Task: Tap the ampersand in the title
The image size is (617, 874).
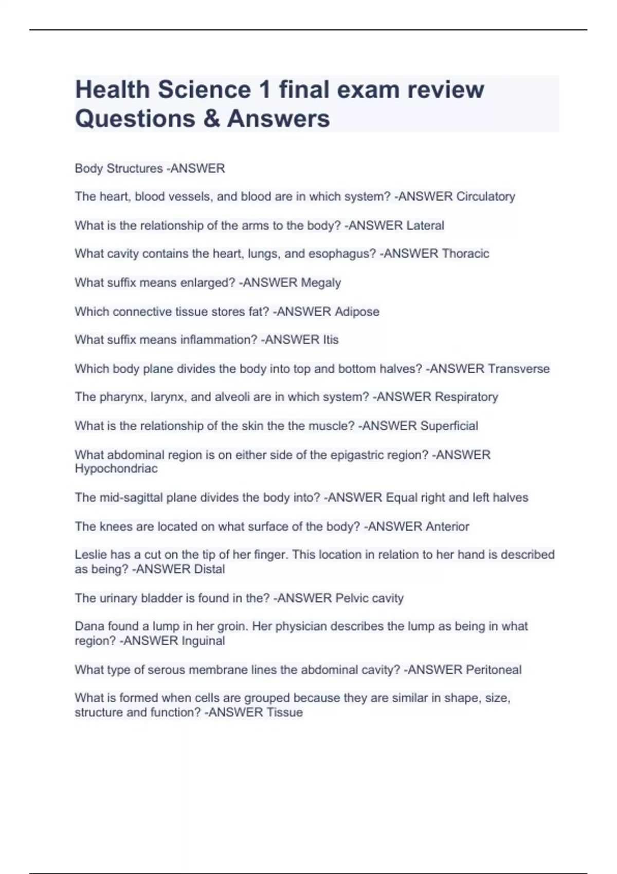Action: (x=211, y=118)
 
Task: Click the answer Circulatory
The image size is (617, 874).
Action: (x=485, y=196)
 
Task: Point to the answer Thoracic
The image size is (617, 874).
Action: (x=465, y=253)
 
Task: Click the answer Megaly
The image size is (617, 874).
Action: (x=321, y=283)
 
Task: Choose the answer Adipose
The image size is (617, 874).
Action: (x=357, y=312)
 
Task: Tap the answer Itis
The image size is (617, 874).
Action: (x=331, y=340)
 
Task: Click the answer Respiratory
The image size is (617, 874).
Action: (x=466, y=397)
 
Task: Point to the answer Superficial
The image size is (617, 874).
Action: (x=449, y=426)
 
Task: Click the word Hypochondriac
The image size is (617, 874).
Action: (x=116, y=468)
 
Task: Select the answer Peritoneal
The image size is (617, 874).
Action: (x=493, y=670)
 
